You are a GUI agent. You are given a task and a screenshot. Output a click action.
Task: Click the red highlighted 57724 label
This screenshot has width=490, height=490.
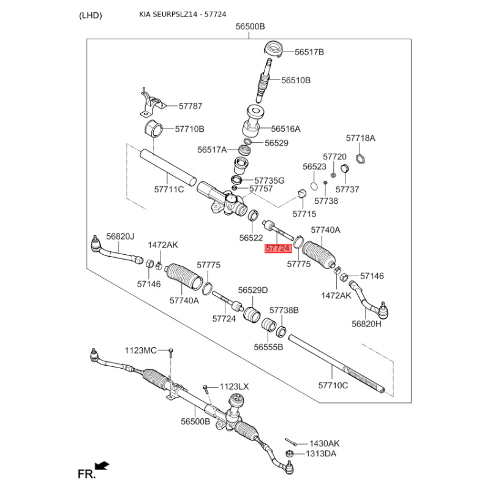[278, 248]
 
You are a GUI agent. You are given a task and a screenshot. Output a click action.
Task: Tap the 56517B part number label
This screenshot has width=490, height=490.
[309, 52]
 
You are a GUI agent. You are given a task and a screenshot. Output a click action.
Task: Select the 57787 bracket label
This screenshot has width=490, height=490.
[190, 106]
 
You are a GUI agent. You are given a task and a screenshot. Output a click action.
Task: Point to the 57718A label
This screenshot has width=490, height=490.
[361, 138]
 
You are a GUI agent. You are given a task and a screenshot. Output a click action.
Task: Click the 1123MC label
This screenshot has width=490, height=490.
[141, 350]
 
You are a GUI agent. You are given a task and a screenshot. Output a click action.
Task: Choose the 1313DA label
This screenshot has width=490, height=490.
[321, 453]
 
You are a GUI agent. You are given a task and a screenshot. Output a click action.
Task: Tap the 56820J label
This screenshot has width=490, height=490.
[120, 236]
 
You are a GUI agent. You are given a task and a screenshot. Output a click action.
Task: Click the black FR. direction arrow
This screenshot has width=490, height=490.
[102, 466]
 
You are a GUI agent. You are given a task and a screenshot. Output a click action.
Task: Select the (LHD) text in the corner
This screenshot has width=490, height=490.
[90, 15]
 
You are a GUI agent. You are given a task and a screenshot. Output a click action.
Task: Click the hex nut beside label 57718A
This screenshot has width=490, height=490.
[361, 159]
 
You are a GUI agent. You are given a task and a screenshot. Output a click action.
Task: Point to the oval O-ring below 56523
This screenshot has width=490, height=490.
[314, 186]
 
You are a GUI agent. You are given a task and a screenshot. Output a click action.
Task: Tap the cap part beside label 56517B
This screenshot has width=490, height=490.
[274, 49]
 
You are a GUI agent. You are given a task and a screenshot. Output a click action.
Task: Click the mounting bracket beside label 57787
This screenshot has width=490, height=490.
[151, 103]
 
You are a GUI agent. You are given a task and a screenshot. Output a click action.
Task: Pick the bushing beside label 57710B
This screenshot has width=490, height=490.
[154, 129]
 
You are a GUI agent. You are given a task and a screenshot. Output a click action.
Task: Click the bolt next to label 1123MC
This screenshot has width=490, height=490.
[171, 353]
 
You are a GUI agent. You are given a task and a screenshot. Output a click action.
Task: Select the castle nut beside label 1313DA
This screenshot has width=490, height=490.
[289, 453]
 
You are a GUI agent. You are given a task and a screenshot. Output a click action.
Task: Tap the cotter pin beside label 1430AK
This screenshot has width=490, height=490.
[290, 442]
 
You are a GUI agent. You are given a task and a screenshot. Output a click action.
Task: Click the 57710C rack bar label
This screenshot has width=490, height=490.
[333, 385]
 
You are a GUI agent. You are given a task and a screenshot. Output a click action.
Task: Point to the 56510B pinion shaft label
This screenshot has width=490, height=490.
[296, 80]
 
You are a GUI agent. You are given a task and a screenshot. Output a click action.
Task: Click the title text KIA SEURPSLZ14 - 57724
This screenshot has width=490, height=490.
[183, 14]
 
